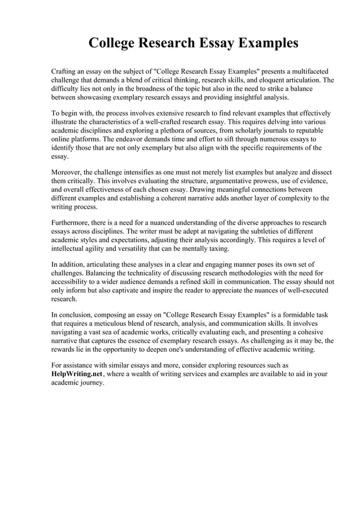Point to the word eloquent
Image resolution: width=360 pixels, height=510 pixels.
(x=263, y=81)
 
